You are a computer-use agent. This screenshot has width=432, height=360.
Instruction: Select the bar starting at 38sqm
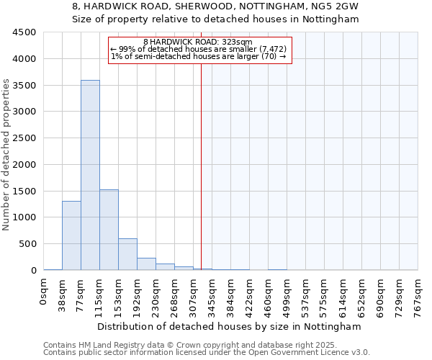pyautogui.click(x=71, y=235)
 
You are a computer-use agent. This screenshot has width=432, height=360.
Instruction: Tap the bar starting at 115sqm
pyautogui.click(x=109, y=230)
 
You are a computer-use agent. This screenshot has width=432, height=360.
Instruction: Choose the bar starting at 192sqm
pyautogui.click(x=146, y=264)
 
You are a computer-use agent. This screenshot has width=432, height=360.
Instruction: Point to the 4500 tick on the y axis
pyautogui.click(x=25, y=32)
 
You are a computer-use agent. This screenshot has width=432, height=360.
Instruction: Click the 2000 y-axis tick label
pyautogui.click(x=25, y=164)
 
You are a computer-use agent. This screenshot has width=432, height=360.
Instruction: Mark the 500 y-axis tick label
pyautogui.click(x=28, y=244)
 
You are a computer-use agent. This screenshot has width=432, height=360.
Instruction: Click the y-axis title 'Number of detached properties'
pyautogui.click(x=7, y=156)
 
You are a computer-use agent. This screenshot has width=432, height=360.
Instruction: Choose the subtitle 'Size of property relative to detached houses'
pyautogui.click(x=215, y=19)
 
